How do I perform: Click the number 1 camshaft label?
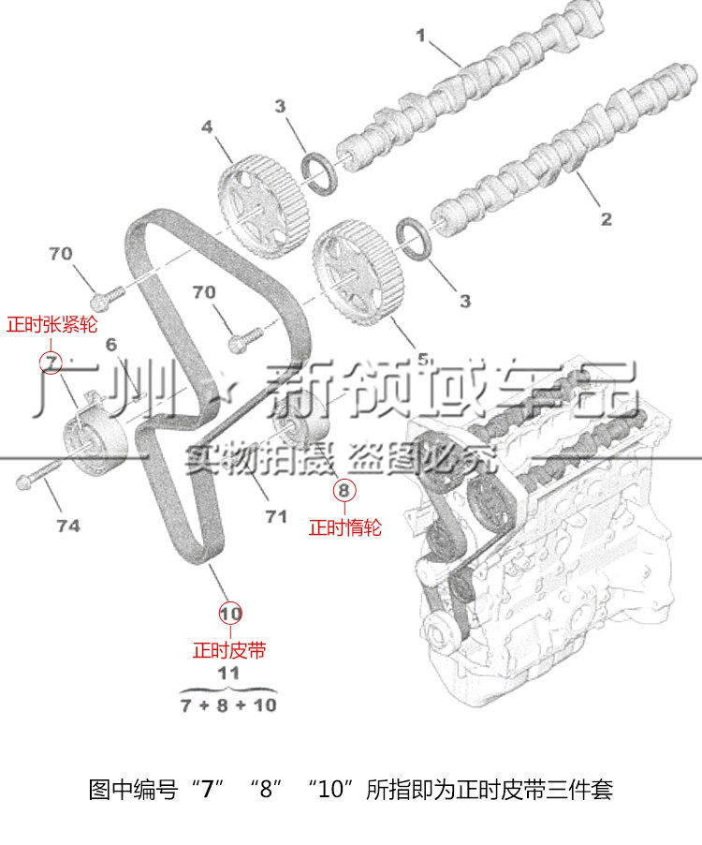(421, 37)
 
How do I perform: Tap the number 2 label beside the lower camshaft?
(606, 219)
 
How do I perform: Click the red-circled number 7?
(50, 361)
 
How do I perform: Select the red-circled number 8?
(343, 489)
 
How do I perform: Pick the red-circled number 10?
(230, 614)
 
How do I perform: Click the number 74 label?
(67, 526)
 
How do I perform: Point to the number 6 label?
(110, 345)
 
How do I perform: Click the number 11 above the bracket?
(228, 673)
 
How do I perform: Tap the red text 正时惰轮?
(345, 528)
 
